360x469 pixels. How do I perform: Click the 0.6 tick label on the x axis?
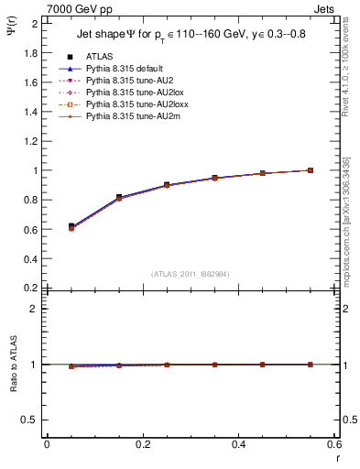click(x=335, y=444)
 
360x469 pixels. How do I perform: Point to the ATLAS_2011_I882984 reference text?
click(x=191, y=272)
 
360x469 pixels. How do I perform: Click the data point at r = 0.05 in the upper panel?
click(x=71, y=226)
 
